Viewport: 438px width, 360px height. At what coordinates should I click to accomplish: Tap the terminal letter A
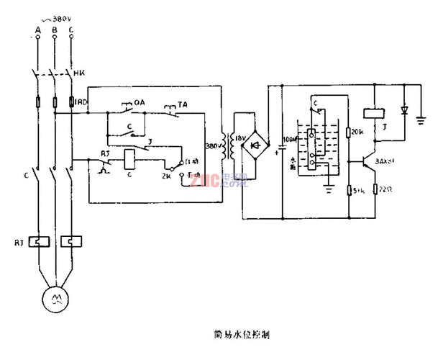[37, 30]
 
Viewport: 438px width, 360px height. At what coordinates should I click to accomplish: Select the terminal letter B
[55, 30]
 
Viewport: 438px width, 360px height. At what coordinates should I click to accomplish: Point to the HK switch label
[81, 73]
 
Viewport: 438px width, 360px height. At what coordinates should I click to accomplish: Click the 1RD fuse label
[82, 102]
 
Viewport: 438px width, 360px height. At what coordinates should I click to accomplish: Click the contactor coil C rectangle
[131, 159]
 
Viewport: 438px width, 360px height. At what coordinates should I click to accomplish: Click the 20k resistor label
[358, 133]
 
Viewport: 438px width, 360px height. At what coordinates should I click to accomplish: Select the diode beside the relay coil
[403, 112]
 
